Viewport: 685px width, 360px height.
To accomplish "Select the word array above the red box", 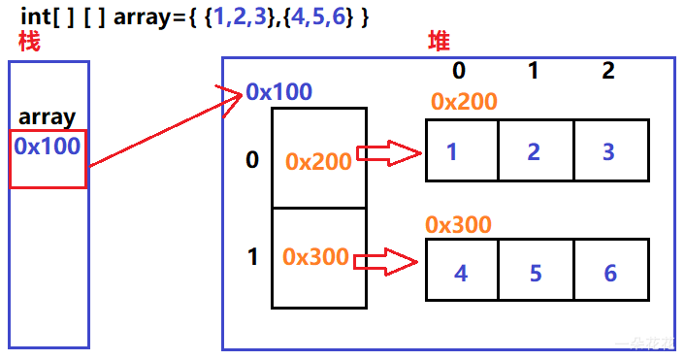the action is point(47,117).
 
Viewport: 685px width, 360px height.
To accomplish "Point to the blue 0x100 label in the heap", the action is point(278,92).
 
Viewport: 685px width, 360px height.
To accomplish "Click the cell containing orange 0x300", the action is point(316,257).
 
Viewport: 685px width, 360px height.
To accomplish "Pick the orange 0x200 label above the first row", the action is point(463,102).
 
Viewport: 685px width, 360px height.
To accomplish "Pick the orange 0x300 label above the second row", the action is point(458,224).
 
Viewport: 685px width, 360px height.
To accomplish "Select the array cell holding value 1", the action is point(462,150).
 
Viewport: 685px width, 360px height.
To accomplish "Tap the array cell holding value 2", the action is point(535,150).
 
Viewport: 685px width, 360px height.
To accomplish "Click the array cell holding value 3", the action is point(609,150).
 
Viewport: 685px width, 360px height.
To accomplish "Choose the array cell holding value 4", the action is point(462,273).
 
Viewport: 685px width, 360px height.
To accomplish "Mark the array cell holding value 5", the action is point(535,273).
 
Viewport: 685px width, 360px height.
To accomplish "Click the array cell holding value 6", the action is point(609,273).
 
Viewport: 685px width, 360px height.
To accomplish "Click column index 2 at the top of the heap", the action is point(607,71).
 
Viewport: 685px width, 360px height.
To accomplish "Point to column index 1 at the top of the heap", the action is point(533,71).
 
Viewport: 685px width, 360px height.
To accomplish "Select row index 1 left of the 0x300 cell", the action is point(252,257).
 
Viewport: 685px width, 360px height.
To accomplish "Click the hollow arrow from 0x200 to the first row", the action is point(389,152).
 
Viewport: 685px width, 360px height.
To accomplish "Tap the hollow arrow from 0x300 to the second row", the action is point(387,260).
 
